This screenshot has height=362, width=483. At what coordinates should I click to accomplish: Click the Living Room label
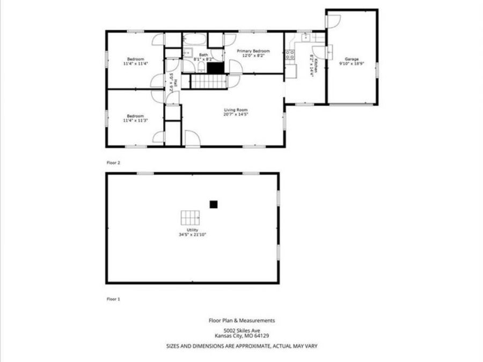(236, 110)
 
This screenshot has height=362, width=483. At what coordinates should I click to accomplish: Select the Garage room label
(352, 59)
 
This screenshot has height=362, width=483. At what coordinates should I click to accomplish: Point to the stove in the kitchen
(290, 54)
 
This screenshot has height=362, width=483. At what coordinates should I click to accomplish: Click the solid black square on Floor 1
(213, 203)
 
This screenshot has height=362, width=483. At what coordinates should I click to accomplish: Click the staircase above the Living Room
(210, 82)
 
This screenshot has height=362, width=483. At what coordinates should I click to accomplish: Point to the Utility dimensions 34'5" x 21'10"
(193, 234)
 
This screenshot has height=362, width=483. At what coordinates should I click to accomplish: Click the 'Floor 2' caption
(113, 161)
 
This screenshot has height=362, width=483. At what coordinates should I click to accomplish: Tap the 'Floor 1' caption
(113, 299)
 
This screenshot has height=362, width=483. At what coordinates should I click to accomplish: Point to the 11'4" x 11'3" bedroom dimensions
(135, 120)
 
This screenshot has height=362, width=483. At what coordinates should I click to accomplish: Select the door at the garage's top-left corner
(333, 22)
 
